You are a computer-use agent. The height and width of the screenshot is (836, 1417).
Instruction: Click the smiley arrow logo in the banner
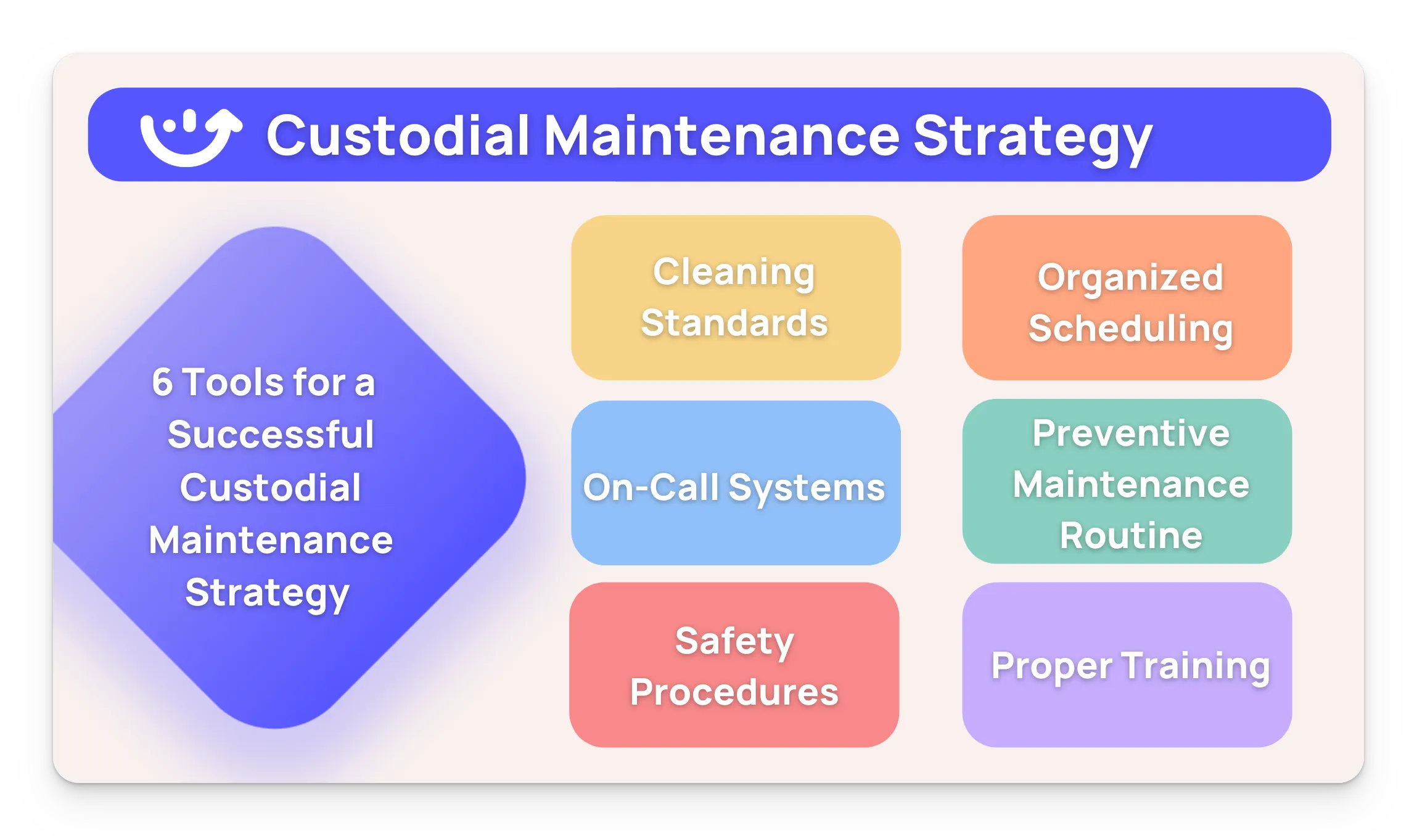point(190,137)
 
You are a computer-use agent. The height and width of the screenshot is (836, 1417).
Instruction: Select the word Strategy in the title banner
point(1032,137)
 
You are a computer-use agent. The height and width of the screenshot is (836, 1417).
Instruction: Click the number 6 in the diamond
point(162,382)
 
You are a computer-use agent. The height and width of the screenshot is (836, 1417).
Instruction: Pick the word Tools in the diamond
point(234,382)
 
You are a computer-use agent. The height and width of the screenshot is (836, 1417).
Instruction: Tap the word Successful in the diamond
point(271,435)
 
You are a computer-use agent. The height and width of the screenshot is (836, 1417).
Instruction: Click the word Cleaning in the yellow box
point(734,273)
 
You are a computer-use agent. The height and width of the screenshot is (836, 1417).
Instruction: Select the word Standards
point(734,323)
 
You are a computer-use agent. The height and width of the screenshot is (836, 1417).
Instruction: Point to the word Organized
point(1130,277)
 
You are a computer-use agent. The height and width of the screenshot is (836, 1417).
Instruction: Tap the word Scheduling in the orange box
point(1130,328)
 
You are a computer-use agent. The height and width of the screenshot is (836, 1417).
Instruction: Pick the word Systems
point(807,488)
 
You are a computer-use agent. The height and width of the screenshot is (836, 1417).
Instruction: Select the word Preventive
point(1131,433)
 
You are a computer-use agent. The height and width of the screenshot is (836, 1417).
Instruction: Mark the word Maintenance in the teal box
point(1131,484)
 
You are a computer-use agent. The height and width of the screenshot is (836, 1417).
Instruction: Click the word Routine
point(1131,535)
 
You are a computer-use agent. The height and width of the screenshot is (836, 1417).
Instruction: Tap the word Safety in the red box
point(734,641)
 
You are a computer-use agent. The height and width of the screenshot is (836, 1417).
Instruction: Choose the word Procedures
point(734,692)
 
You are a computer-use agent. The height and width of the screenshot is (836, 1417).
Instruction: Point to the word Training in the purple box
point(1196,666)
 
